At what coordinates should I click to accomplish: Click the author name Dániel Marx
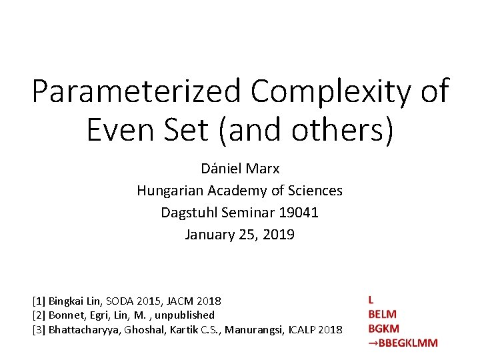click(x=239, y=169)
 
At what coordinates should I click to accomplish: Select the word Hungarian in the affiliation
click(x=169, y=191)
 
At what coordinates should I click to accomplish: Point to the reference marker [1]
click(x=39, y=301)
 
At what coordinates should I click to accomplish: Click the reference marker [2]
click(x=39, y=315)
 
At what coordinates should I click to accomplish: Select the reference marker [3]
click(x=39, y=329)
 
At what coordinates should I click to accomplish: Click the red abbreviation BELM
click(x=382, y=314)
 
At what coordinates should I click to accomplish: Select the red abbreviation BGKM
click(x=383, y=328)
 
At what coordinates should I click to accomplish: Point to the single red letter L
click(x=371, y=300)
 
